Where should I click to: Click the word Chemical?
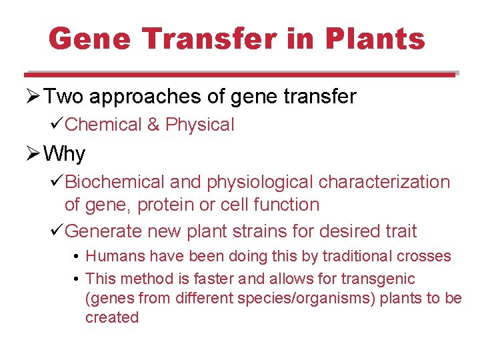pos(104,125)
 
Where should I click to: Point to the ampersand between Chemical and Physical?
pos(154,125)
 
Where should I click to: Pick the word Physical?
pos(200,125)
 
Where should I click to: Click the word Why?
pos(64,154)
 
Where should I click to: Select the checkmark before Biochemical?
pos(57,182)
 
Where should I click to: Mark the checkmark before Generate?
pos(57,231)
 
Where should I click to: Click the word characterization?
pos(385,182)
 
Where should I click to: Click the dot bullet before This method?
pos(78,279)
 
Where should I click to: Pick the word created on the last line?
pos(111,317)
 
